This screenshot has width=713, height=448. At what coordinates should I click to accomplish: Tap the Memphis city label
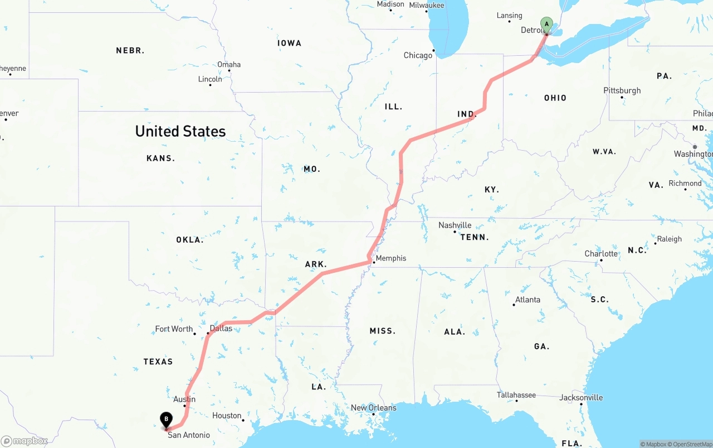(391, 258)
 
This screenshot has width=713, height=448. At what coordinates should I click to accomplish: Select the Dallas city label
(221, 328)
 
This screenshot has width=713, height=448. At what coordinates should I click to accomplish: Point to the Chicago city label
(418, 55)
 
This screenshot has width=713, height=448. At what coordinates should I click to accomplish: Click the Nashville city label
(455, 225)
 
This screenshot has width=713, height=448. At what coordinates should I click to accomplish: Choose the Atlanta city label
(528, 300)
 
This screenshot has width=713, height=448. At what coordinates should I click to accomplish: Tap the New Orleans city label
(373, 408)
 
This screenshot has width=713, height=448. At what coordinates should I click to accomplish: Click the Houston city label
(227, 416)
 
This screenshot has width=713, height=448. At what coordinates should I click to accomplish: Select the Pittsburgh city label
(622, 90)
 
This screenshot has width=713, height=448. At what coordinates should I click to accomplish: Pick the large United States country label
(180, 132)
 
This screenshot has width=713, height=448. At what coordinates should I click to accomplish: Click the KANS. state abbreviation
(160, 158)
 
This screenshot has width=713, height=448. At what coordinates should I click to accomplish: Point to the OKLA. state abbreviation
(190, 240)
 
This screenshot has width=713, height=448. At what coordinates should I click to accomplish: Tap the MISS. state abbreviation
(382, 331)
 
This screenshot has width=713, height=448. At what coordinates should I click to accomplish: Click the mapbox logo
(25, 441)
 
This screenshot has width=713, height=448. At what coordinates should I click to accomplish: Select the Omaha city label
(229, 65)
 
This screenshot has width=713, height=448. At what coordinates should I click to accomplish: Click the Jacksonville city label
(582, 398)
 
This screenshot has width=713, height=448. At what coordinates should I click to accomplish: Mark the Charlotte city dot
(601, 261)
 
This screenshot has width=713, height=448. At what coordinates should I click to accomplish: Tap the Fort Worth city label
(174, 329)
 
